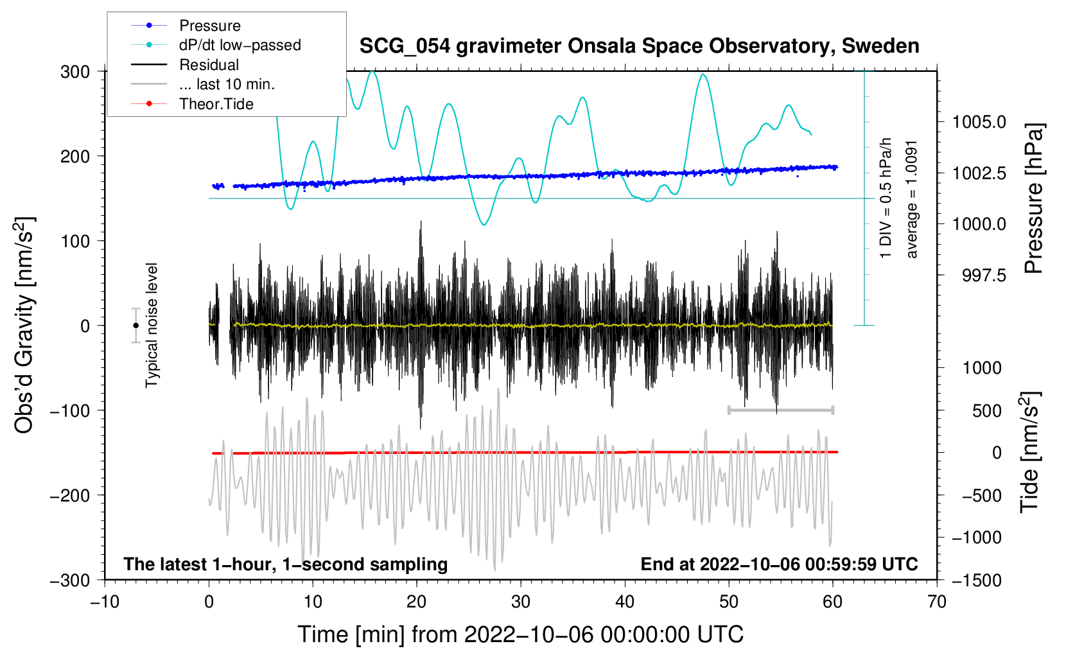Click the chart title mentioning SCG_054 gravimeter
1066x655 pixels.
tap(639, 46)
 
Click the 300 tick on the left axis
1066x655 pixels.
tap(74, 72)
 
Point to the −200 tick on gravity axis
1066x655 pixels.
tap(69, 496)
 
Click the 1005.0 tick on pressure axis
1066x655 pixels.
tap(979, 122)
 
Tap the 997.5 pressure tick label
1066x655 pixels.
tap(984, 275)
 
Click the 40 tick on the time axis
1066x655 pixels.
tap(625, 602)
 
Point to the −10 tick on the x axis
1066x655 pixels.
tap(105, 602)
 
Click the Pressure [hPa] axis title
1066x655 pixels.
tap(1033, 198)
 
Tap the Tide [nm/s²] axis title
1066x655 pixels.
tap(1029, 453)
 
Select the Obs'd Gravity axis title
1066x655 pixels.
tap(24, 325)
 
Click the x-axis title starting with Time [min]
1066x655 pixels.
tap(521, 634)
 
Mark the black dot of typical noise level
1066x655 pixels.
tap(135, 326)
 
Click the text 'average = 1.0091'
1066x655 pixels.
tap(911, 200)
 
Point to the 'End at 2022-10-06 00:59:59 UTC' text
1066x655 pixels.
tap(780, 564)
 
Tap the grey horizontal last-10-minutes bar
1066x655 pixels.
tap(780, 410)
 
